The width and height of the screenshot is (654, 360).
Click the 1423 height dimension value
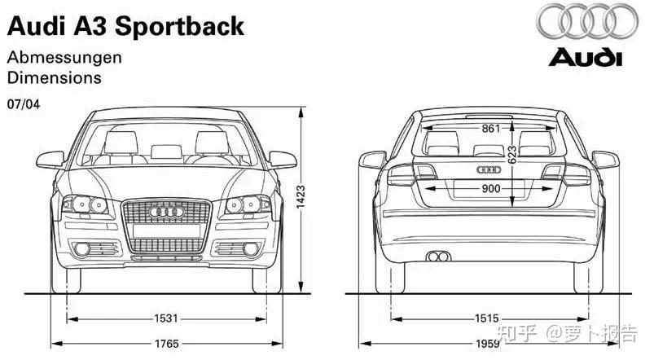click(300, 195)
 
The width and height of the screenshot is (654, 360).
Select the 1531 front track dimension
click(166, 318)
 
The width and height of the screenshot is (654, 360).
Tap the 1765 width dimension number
click(166, 342)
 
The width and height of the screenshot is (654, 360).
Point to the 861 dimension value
click(490, 129)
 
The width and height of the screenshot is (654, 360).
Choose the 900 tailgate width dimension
click(490, 189)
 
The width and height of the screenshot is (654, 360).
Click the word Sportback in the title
click(179, 26)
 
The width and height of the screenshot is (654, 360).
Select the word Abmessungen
click(64, 58)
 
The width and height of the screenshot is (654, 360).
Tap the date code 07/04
click(23, 104)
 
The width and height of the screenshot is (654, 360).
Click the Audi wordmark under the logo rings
click(585, 58)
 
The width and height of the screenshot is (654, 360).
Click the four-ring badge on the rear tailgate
click(487, 169)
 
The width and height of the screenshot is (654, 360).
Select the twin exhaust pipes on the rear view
click(439, 257)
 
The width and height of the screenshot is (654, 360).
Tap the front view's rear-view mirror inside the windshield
click(166, 151)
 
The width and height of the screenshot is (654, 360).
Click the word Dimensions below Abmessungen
click(54, 78)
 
